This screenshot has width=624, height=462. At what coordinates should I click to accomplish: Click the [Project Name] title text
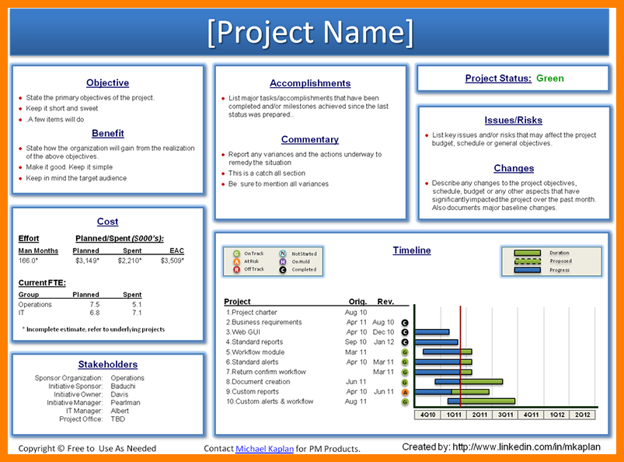[x=311, y=33]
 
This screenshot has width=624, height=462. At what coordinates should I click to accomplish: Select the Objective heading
[x=107, y=83]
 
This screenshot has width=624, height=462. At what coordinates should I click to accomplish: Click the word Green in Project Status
[x=550, y=79]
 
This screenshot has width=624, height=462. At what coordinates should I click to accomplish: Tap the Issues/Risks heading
[x=513, y=121]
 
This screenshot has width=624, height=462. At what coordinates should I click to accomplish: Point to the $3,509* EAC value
[x=172, y=261]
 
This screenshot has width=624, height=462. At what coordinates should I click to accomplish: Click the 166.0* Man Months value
[x=30, y=261]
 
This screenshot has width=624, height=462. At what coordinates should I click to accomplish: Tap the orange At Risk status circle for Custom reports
[x=405, y=392]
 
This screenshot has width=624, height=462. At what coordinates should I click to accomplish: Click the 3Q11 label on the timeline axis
[x=506, y=415]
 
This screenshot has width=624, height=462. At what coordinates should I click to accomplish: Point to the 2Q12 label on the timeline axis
[x=583, y=415]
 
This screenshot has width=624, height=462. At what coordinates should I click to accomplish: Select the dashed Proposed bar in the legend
[x=528, y=261]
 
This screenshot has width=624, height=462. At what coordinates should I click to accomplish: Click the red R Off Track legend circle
[x=236, y=270]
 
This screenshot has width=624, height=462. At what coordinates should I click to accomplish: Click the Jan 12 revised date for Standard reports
[x=383, y=342]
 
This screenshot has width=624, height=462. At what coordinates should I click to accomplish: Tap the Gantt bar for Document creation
[x=469, y=382]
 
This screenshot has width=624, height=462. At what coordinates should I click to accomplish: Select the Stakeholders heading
[x=107, y=364]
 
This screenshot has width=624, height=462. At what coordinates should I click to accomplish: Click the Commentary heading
[x=309, y=140]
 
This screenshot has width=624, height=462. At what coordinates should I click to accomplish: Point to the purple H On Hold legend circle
[x=283, y=261]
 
